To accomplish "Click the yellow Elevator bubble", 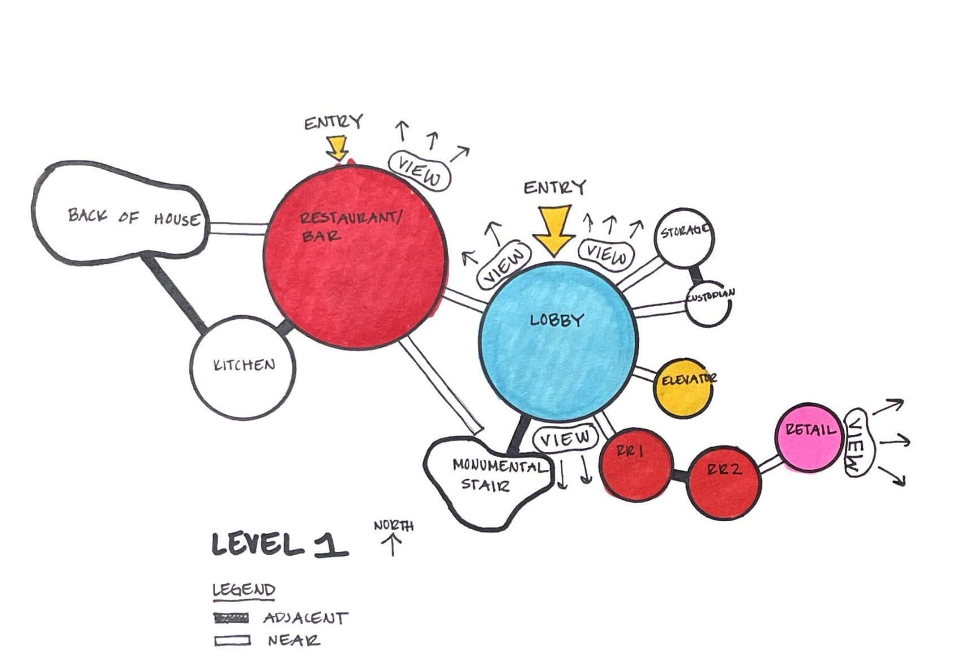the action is tap(683, 388).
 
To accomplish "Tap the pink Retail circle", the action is tap(807, 438).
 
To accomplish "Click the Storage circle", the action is tap(684, 238).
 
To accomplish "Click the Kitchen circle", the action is tap(243, 368).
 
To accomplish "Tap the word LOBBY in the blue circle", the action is tap(556, 321).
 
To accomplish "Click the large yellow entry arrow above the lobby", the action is tap(555, 229).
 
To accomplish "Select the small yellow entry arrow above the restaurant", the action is tap(338, 147).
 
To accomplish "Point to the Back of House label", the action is tap(133, 217).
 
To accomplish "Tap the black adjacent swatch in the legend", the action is tap(232, 618).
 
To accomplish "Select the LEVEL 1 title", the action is tap(279, 544).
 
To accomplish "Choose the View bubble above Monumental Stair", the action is tap(565, 438).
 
